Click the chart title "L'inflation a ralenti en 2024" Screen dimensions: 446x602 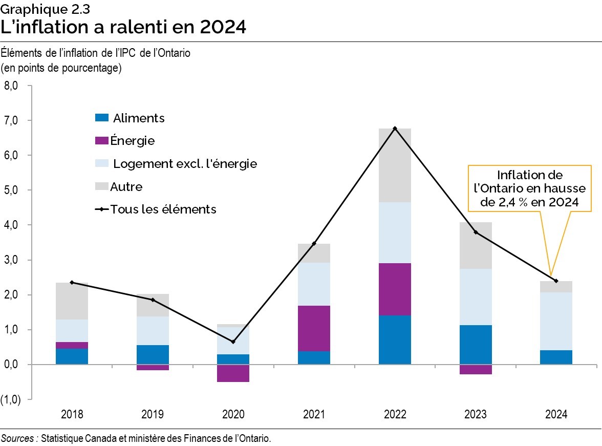(x=123, y=27)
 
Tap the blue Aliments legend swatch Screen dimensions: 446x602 (x=102, y=118)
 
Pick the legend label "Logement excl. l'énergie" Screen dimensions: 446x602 (x=185, y=164)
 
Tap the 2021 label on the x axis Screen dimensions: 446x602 (x=314, y=414)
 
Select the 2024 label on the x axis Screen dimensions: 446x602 (x=556, y=414)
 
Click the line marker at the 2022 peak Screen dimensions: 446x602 (x=395, y=128)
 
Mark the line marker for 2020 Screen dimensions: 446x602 (x=233, y=342)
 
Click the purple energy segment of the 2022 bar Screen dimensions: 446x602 (x=395, y=289)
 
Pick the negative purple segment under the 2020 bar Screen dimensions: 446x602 (x=233, y=373)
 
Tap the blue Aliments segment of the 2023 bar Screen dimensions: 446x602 (x=476, y=344)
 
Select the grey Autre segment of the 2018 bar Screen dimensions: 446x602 (x=72, y=301)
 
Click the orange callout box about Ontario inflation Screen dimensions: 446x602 (x=529, y=188)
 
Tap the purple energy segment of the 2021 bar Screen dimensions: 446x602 (x=314, y=328)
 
